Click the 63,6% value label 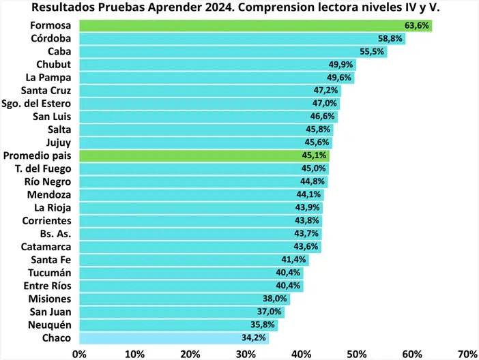[417, 26]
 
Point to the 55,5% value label [372, 52]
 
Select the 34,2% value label [254, 338]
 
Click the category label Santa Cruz [46, 91]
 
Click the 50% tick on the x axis [356, 354]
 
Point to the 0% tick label [79, 354]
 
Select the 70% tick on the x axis [467, 354]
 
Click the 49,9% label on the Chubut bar [341, 65]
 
